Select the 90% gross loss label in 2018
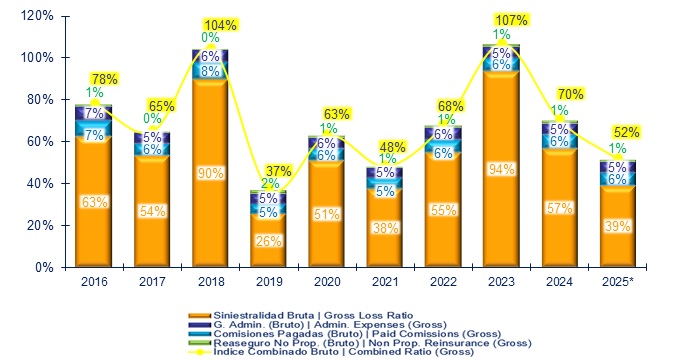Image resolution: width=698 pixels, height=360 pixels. pyautogui.click(x=210, y=172)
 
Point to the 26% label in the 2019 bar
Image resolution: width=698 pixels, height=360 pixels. pyautogui.click(x=268, y=240)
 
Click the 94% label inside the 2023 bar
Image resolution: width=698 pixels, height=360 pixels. pyautogui.click(x=501, y=168)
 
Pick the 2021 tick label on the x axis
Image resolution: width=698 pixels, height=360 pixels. pyautogui.click(x=384, y=281)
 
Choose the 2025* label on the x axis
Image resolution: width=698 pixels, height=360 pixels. pyautogui.click(x=617, y=281)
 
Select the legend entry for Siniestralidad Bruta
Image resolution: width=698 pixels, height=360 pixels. pyautogui.click(x=323, y=314)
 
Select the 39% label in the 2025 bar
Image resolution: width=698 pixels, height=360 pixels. pyautogui.click(x=617, y=227)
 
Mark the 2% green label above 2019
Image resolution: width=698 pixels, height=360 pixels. pyautogui.click(x=269, y=184)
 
